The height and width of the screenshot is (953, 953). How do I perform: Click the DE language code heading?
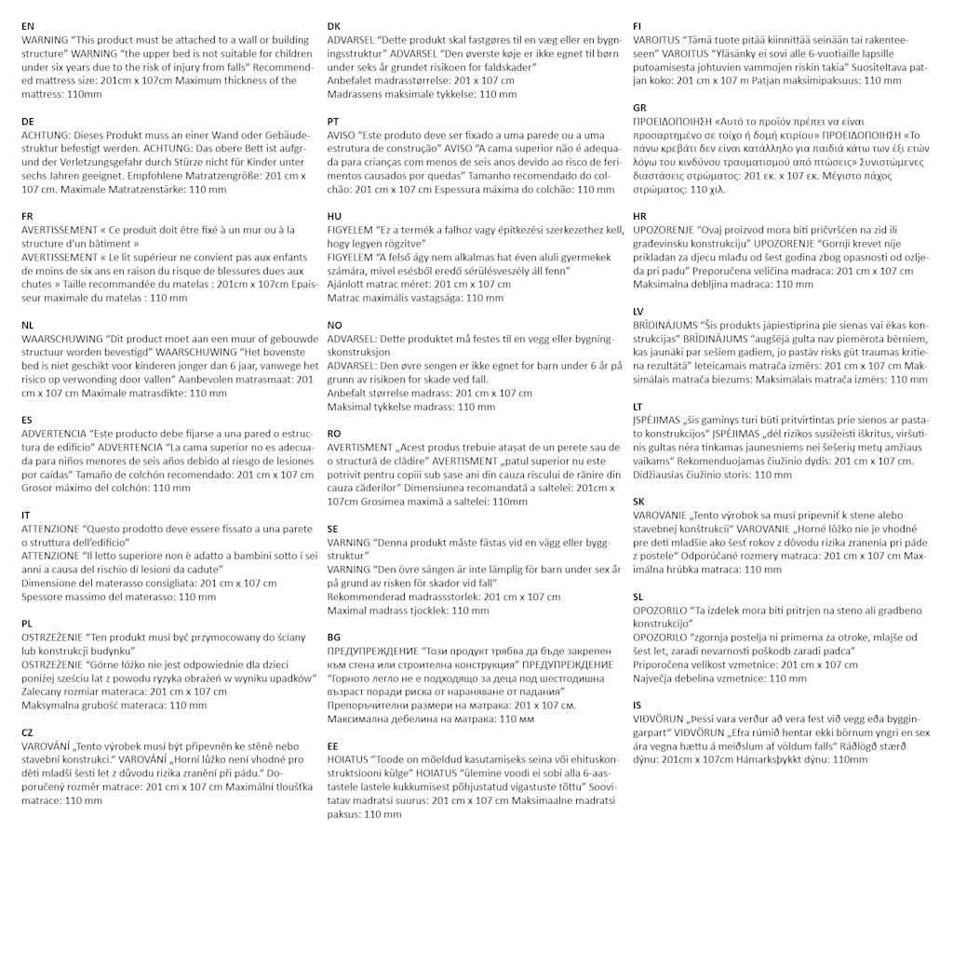point(27,121)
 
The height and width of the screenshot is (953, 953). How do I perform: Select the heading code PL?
point(27,624)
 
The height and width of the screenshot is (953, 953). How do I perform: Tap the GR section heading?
point(639,108)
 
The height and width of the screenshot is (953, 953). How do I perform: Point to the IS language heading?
point(637,705)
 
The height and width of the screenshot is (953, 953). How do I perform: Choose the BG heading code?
point(334,637)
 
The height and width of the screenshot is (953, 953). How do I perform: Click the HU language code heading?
point(334,216)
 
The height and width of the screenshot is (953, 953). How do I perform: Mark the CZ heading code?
point(27,732)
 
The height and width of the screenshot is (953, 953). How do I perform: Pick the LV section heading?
point(638,311)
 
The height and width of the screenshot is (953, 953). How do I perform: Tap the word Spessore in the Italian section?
point(44,597)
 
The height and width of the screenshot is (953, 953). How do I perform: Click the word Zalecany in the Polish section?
point(44,691)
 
